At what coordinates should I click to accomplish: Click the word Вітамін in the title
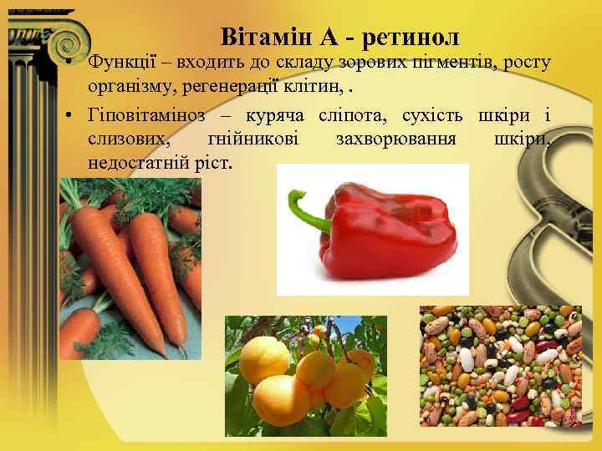[258, 37]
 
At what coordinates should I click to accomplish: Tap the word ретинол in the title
[411, 37]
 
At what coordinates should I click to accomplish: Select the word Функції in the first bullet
[123, 63]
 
